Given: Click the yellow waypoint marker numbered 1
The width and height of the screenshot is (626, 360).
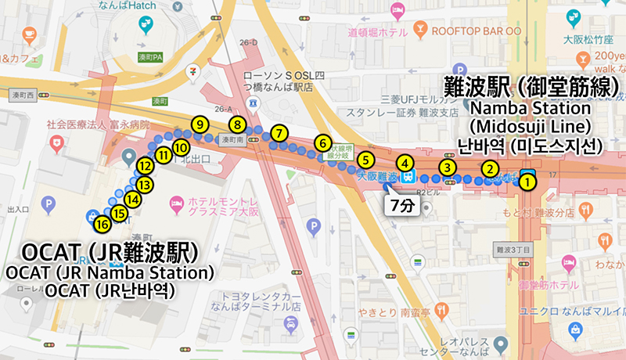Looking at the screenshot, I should pos(528,182).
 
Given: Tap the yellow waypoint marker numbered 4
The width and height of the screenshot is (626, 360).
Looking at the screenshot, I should pos(405,164).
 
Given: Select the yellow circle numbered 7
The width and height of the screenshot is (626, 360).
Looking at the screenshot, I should pos(279,132).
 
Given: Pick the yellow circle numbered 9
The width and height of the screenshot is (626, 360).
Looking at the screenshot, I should pos(200,124).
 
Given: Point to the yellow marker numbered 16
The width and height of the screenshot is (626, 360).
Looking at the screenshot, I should pos(102,225).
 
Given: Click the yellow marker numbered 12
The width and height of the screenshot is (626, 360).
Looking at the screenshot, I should pos(145,166).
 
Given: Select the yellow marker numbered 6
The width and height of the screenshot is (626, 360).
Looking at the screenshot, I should pos(322,143).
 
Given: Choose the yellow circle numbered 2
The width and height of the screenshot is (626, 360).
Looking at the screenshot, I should pos(489,167).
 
